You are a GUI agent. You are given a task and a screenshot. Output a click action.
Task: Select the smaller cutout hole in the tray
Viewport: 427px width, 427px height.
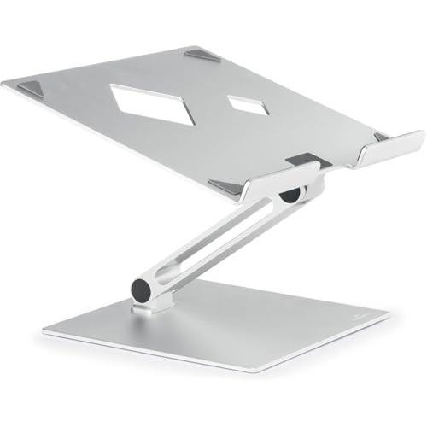[x=248, y=104]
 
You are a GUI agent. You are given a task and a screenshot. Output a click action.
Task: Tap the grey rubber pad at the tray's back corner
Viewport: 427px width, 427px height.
[x=202, y=55]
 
